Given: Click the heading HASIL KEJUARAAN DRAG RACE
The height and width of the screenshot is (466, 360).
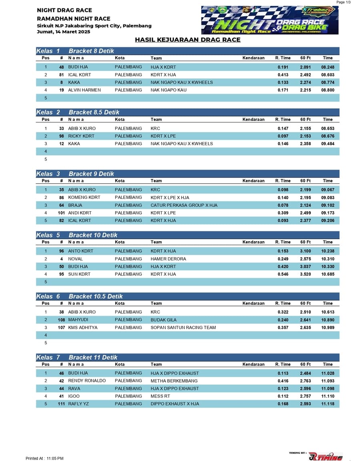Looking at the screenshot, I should pos(188,40).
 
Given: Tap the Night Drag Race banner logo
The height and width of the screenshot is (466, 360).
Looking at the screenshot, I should pos(270,20).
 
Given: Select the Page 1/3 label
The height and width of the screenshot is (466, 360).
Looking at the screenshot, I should pos(343,2).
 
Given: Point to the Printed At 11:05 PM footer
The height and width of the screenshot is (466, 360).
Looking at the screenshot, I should pos(44,458).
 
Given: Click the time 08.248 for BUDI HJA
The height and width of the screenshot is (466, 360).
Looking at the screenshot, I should pos(328,67).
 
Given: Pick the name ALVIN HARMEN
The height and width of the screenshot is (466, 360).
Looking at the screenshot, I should pos(84,90).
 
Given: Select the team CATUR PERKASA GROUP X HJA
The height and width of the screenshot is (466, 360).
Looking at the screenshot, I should pos(184,205).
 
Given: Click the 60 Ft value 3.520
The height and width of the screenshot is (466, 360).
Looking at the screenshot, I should pos(305,274).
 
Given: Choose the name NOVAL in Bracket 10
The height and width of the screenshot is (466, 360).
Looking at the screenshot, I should pos(76,259).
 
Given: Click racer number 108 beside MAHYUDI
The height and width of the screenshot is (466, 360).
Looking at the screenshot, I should pos(61,320).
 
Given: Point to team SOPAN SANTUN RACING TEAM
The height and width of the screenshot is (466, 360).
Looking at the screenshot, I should pos(183,328).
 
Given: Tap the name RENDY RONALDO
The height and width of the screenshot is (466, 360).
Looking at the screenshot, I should pos(87,381).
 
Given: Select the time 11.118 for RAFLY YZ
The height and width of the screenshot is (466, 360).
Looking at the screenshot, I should pos(328,404).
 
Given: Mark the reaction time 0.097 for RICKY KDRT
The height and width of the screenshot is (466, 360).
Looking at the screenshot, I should pos(283,136).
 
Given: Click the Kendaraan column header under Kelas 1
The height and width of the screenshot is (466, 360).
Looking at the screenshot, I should pos(253,58).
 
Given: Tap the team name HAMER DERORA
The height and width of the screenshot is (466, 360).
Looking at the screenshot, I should pos(168,259).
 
